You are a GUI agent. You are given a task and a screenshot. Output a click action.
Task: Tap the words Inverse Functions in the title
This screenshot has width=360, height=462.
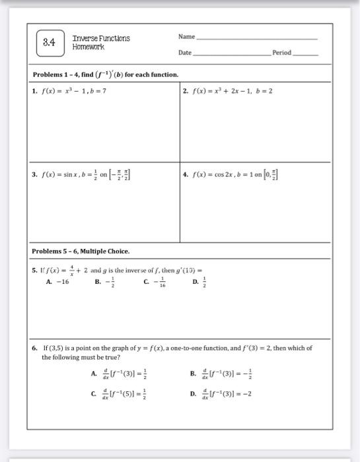pyautogui.click(x=101, y=38)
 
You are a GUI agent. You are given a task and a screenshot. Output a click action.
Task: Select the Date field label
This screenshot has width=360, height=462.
pyautogui.click(x=185, y=52)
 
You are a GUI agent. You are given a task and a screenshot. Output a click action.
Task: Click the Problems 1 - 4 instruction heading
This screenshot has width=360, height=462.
pyautogui.click(x=105, y=74)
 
